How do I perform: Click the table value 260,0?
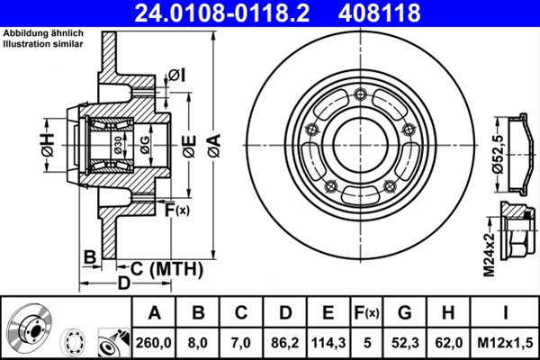coord(154,343)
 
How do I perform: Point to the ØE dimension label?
coord(186,144)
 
